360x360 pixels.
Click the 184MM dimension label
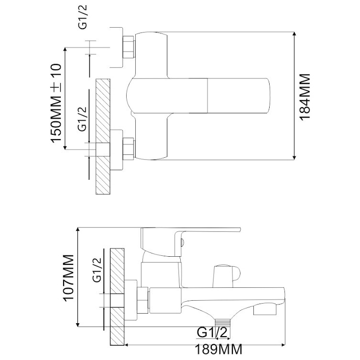[x=305, y=97]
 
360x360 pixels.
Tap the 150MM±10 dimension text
[x=56, y=103]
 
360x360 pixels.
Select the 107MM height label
[x=68, y=277]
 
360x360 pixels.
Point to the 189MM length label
[x=218, y=349]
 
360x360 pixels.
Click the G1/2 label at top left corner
[x=83, y=17]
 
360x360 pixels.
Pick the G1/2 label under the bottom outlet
[x=212, y=332]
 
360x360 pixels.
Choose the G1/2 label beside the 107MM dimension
[x=97, y=270]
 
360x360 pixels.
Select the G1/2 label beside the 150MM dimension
[x=83, y=119]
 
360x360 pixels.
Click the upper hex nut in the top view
[x=129, y=47]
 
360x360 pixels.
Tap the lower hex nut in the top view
[x=129, y=149]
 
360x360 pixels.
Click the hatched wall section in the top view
[x=103, y=137]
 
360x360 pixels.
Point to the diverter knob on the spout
[x=227, y=276]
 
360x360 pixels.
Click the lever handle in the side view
[x=191, y=241]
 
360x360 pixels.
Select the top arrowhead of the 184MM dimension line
[x=295, y=34]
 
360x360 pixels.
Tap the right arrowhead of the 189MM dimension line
[x=283, y=345]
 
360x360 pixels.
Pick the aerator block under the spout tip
[x=265, y=311]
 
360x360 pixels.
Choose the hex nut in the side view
[x=142, y=300]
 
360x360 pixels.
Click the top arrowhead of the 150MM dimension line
[x=65, y=50]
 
